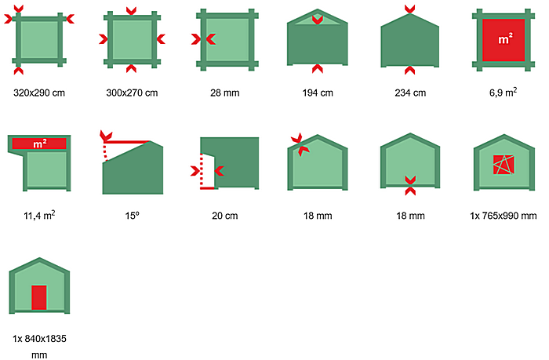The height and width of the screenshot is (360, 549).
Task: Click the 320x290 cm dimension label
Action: coord(39,93)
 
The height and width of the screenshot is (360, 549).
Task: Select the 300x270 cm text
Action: coord(132,93)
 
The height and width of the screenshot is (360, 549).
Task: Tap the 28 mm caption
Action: coord(225,93)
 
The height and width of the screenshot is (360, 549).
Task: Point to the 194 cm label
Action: coord(318,93)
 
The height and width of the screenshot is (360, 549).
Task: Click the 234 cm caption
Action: coord(410,93)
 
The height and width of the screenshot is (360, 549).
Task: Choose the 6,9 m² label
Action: coord(504,93)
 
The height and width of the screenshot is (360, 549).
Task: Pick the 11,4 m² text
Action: coord(39,215)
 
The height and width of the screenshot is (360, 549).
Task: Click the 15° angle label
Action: coord(132,216)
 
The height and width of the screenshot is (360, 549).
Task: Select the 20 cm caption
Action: coord(225,216)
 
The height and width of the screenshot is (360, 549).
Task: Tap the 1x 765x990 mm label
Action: coord(504,216)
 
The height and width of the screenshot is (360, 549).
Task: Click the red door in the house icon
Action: coord(39,297)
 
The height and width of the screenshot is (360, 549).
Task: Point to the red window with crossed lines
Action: coord(504,165)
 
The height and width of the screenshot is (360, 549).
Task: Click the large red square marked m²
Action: coord(504,40)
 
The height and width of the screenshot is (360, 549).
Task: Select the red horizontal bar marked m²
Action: coord(39,144)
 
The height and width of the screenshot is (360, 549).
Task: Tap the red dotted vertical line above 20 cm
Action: coord(202,170)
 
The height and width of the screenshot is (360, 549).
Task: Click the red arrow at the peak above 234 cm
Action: coord(410,9)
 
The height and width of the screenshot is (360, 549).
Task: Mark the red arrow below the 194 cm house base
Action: coord(318,69)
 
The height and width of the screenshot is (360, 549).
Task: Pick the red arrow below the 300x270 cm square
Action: coord(131,68)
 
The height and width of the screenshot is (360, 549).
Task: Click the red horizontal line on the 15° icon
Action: coord(127,142)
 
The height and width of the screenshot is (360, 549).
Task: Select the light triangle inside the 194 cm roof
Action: coord(318,20)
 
